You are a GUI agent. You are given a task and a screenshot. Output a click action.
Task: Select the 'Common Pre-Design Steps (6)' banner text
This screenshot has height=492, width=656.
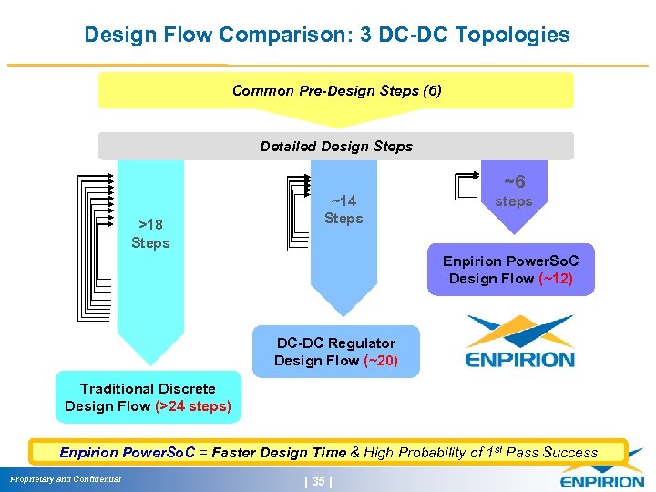click(336, 91)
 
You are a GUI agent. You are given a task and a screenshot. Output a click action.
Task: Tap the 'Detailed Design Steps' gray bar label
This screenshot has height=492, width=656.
click(336, 147)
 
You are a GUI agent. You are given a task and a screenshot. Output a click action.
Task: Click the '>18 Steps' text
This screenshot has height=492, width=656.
click(150, 233)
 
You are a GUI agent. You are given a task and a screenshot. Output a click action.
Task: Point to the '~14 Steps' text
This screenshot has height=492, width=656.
click(343, 210)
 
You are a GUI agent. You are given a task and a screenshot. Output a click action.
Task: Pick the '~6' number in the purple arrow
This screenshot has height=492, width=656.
click(514, 182)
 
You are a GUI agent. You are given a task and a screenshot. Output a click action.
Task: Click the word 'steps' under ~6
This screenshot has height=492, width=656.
click(513, 201)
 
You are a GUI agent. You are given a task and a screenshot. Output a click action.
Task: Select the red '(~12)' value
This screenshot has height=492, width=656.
click(555, 279)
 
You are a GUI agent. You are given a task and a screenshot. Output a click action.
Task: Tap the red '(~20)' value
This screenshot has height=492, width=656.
click(380, 361)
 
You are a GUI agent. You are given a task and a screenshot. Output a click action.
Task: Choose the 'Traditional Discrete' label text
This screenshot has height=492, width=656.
click(148, 389)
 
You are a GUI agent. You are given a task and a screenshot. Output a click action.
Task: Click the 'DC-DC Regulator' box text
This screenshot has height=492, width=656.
click(336, 343)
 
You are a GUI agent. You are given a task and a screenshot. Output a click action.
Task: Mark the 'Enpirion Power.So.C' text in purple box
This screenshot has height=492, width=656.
click(510, 261)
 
